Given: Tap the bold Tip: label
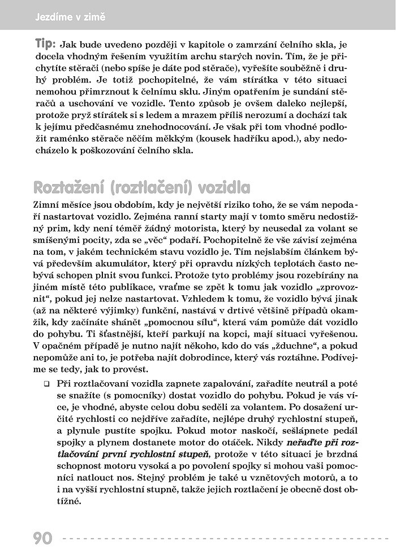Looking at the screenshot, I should (x=45, y=44).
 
